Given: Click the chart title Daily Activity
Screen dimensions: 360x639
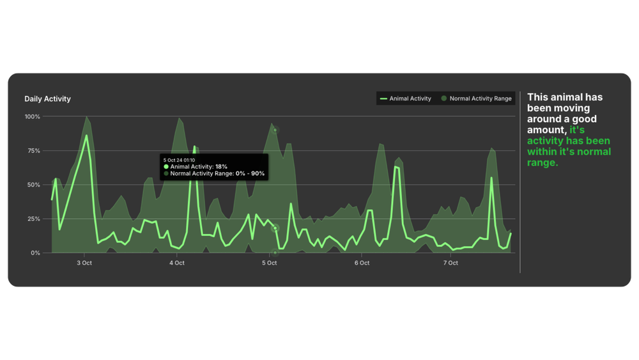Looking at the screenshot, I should (x=47, y=99).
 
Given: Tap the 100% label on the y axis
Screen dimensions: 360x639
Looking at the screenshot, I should (x=33, y=117).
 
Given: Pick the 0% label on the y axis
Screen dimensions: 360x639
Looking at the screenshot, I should (x=36, y=253).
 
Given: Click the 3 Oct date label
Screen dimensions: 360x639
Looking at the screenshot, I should (x=84, y=263).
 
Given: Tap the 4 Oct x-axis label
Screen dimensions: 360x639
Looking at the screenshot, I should (x=177, y=263).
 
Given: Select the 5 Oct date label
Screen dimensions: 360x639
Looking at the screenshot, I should (x=269, y=263).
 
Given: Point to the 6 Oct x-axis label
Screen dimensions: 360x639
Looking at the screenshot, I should (x=362, y=263).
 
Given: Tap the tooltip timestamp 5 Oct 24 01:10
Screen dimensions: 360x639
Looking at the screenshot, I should (x=180, y=160).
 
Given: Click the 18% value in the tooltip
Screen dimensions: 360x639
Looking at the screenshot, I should (x=221, y=166).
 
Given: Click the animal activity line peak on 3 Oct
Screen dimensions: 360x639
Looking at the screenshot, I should (x=86, y=135).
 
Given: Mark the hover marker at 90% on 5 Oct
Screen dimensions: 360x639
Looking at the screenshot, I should (x=275, y=130).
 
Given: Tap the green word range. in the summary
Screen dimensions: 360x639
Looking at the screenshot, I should (x=543, y=162).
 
